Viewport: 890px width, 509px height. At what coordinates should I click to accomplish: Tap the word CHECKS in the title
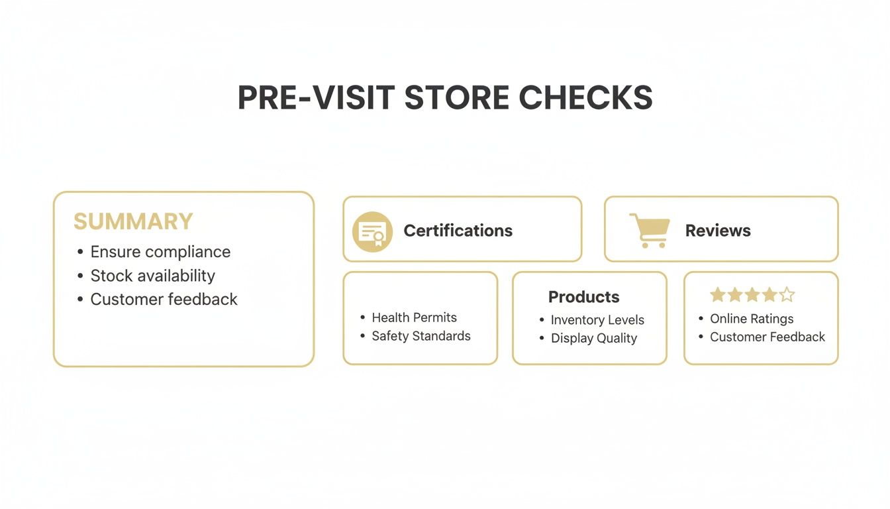coord(585,98)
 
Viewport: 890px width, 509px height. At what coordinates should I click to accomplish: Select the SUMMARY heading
coord(133,221)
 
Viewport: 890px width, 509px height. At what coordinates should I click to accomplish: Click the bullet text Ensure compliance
coord(160,252)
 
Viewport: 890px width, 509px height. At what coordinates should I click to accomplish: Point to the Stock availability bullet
coord(152,276)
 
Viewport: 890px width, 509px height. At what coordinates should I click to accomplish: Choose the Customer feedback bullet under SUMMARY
coord(164,300)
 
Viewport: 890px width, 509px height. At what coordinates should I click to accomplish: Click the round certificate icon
coord(372,231)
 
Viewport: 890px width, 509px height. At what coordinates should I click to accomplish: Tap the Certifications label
coord(458,231)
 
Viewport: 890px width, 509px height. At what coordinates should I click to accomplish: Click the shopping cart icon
coord(648,230)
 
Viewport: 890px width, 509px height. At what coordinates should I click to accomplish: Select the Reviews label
coord(718,231)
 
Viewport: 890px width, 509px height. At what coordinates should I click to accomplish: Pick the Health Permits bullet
coord(414,317)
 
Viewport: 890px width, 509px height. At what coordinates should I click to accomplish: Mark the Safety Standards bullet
coord(420,336)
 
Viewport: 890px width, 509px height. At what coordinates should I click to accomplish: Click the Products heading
coord(584,297)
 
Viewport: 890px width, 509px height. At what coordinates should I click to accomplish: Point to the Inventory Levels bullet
coord(597,320)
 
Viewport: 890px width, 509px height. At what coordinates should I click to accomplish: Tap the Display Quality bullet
coord(593,338)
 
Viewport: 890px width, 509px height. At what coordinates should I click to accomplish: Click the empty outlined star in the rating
coord(787,295)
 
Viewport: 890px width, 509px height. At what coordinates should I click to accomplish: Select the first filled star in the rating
coord(718,295)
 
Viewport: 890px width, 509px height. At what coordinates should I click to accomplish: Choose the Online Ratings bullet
coord(752,319)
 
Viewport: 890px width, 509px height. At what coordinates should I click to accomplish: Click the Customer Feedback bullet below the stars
coord(767,337)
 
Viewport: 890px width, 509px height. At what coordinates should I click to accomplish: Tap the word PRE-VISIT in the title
coord(313,98)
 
